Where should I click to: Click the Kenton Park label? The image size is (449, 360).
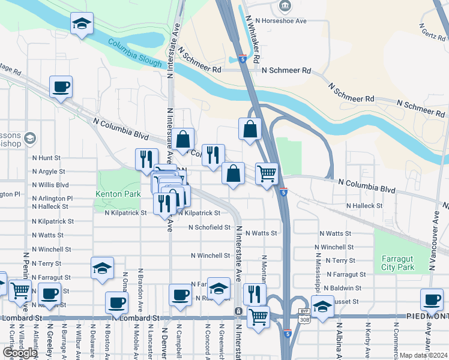118,194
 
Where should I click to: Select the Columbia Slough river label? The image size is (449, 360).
135,53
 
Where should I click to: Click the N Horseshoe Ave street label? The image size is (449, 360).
280,20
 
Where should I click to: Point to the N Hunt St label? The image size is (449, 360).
47,158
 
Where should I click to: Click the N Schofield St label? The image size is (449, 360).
209,227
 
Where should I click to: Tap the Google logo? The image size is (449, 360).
20,353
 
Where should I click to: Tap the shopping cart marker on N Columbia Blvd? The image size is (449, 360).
267,174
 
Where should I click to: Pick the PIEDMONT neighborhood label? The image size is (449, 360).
427,316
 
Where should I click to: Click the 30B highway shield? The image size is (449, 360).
304,320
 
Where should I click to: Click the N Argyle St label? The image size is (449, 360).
49,172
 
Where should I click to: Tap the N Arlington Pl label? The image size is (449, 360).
52,198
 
